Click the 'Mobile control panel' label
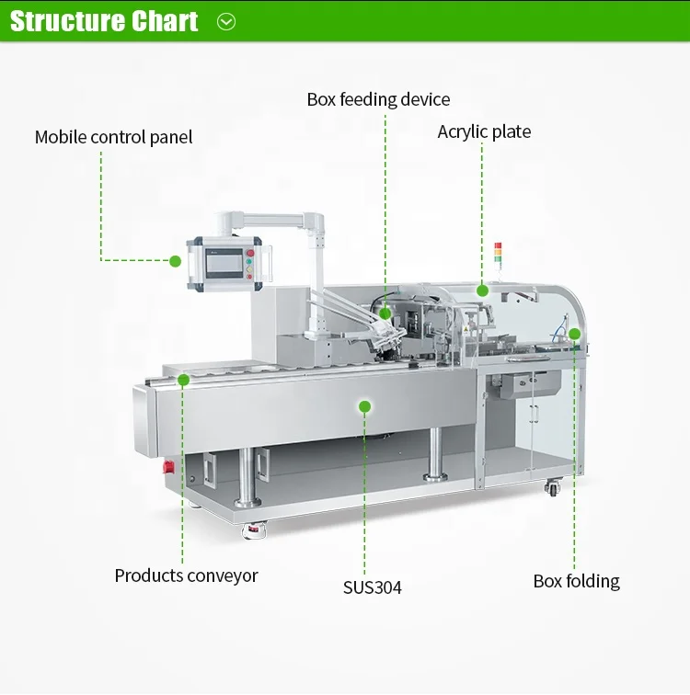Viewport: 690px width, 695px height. (114, 138)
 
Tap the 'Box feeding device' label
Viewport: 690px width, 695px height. (378, 99)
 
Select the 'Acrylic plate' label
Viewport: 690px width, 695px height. (484, 132)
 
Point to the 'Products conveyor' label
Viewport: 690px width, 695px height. (186, 576)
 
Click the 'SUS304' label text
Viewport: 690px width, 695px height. (373, 587)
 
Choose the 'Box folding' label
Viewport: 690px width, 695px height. (577, 582)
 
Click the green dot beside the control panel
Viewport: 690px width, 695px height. (175, 261)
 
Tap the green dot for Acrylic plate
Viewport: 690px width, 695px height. (482, 291)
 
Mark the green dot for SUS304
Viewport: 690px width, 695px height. (364, 405)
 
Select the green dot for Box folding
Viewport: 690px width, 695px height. (574, 334)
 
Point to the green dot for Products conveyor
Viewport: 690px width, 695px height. (183, 380)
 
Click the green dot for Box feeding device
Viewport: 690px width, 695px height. (385, 313)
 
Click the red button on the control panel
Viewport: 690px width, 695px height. (249, 249)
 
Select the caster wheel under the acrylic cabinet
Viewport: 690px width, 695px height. (552, 488)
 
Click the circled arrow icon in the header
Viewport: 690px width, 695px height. (226, 21)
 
